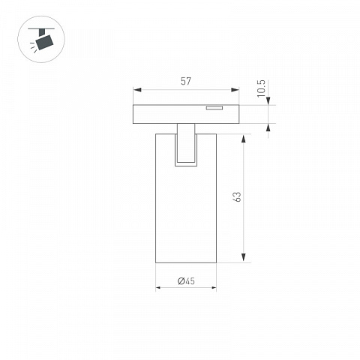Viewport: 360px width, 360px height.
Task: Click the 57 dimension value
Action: pos(186,81)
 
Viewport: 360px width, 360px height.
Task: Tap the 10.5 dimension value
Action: pos(261,88)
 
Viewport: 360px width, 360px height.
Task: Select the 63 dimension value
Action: pos(238,196)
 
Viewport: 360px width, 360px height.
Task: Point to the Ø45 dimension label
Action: pos(186,281)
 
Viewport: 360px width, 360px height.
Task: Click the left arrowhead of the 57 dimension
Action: pos(137,90)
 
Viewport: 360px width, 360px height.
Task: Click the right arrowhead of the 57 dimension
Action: pos(235,90)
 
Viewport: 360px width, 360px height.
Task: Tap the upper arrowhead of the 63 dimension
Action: pos(244,138)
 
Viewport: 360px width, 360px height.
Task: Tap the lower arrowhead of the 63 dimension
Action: pos(244,258)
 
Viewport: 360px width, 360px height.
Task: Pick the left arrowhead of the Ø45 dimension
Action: pos(157,287)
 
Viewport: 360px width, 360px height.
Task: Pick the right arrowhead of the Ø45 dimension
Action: pos(214,287)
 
